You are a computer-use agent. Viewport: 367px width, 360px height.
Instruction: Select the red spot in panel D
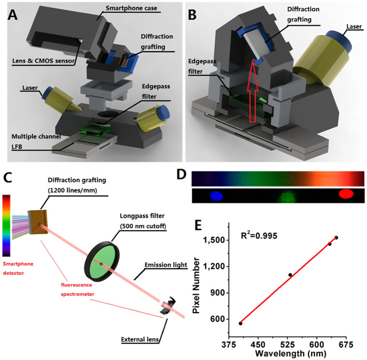pos(346,194)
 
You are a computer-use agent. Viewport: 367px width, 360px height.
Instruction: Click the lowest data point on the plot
pos(241,323)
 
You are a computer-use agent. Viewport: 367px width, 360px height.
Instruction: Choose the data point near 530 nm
pos(290,275)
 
